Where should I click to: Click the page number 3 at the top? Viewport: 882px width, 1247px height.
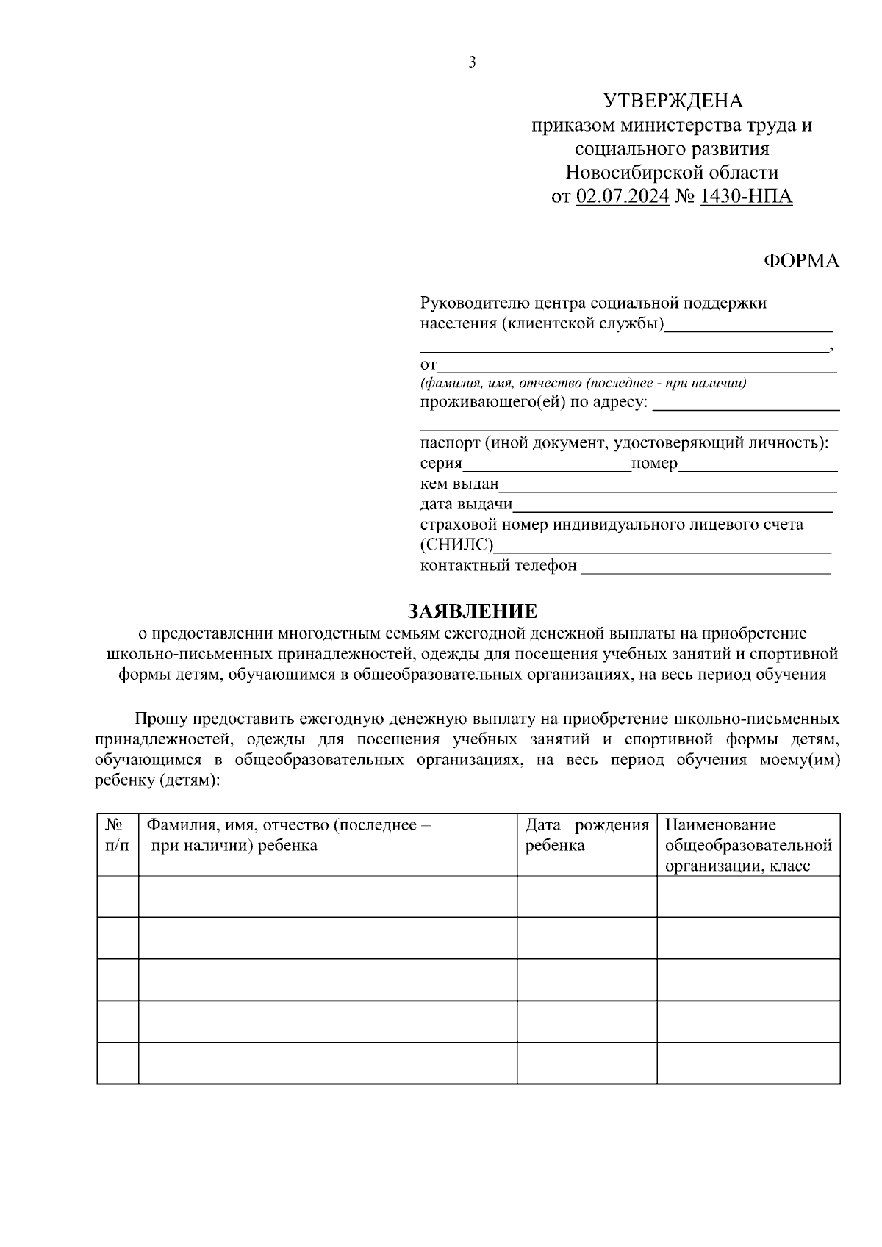pos(473,63)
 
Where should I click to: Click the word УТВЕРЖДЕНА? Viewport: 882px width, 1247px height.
pos(673,101)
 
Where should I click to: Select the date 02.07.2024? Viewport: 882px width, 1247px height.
pos(623,197)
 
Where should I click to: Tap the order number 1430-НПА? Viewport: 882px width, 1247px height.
pos(746,197)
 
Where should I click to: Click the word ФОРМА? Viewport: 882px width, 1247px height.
pos(801,261)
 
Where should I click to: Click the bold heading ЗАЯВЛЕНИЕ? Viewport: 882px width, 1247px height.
pos(473,611)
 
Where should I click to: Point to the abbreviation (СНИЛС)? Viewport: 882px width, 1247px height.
pos(456,545)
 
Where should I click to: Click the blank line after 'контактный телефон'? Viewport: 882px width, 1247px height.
pos(706,567)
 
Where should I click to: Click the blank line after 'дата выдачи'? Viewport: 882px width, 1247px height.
pos(673,506)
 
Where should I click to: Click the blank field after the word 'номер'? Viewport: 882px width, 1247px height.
pos(757,464)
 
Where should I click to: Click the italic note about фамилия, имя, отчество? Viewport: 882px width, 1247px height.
pos(584,383)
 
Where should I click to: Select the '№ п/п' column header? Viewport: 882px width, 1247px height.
pos(117,835)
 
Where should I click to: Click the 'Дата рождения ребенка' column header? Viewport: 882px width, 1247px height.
pos(587,835)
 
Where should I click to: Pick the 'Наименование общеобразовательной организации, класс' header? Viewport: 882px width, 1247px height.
pos(748,845)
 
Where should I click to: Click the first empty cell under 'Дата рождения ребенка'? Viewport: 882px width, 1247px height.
pos(587,896)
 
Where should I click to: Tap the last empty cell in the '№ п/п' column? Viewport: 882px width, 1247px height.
pos(117,1063)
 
